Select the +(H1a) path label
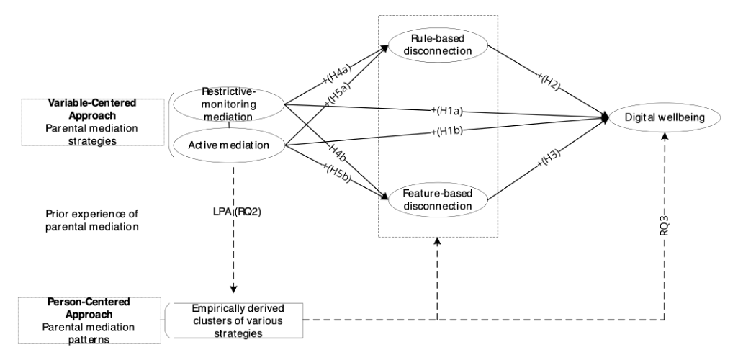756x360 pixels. [446, 112]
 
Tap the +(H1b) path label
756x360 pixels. [447, 130]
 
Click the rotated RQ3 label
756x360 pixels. [665, 225]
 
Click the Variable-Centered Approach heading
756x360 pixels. [92, 109]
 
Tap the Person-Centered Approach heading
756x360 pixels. [89, 308]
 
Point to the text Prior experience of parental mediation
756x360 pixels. [91, 220]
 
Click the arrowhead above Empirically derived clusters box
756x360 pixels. [233, 289]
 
